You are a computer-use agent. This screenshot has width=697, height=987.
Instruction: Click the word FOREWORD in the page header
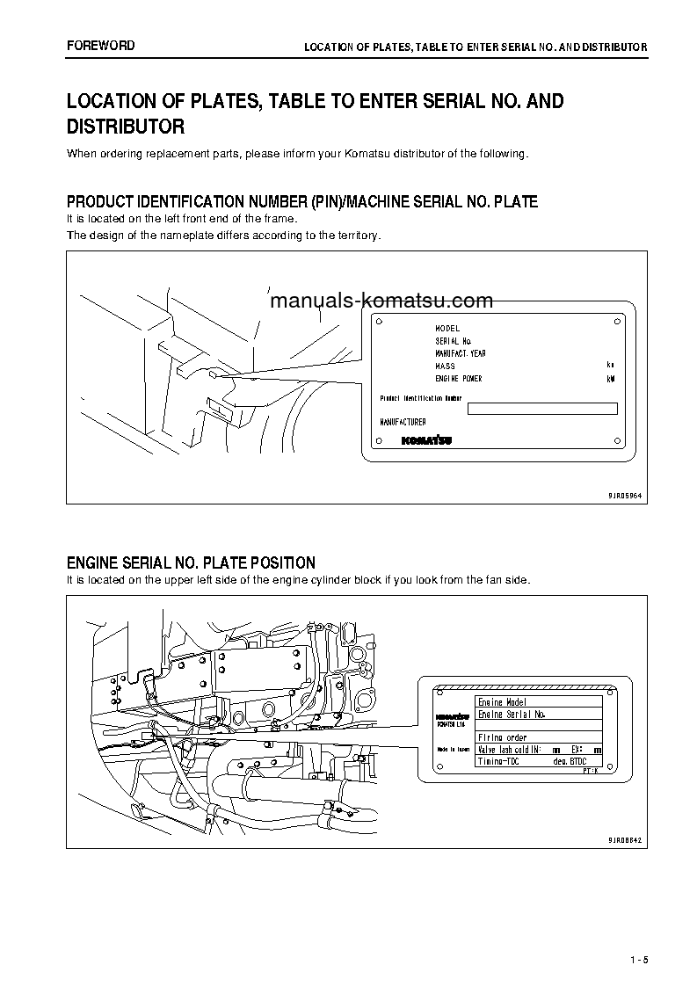pos(101,46)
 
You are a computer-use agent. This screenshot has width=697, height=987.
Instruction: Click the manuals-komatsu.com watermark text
pos(381,301)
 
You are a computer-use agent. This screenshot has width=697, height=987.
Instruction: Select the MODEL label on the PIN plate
pos(447,328)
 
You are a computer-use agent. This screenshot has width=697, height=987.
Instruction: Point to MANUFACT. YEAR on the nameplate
pos(460,353)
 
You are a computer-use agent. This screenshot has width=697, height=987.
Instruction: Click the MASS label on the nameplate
pos(445,366)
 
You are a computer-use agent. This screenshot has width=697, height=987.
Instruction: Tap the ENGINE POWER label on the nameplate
pos(458,379)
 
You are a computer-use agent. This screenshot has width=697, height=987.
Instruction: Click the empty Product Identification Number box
pos(541,408)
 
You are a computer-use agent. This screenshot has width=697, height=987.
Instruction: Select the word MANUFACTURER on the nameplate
pos(403,422)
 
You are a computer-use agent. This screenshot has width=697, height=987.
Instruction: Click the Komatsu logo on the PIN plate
pos(426,440)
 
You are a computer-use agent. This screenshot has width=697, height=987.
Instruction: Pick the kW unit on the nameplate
pos(611,379)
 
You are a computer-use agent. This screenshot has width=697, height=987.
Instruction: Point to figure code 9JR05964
pos(624,496)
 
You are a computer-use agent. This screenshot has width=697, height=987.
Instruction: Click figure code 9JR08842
pos(624,840)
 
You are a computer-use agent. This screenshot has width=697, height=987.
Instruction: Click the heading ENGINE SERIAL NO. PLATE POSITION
pos(191,562)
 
